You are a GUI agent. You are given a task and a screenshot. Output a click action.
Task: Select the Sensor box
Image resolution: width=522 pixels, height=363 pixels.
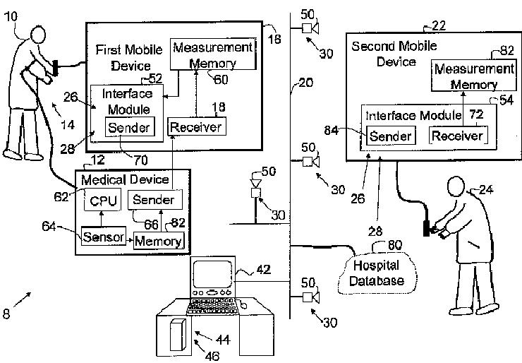[x=103, y=236]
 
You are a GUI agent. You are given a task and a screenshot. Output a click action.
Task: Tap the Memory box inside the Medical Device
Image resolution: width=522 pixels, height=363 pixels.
[x=159, y=240]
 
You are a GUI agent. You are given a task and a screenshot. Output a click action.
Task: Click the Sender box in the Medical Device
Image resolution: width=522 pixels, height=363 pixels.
[x=154, y=200]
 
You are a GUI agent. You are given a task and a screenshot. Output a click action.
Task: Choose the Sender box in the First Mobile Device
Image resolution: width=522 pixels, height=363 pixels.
[x=128, y=127]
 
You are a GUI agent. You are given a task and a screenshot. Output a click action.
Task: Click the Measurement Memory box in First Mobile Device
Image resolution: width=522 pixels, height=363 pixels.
[x=212, y=55]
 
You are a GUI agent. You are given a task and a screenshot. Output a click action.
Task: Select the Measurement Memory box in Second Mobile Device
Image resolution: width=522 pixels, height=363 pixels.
[x=473, y=77]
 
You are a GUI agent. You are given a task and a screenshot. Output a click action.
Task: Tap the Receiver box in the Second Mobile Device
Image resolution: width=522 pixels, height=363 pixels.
[x=457, y=136]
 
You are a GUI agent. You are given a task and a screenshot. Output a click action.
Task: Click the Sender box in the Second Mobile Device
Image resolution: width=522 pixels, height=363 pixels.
[x=390, y=136]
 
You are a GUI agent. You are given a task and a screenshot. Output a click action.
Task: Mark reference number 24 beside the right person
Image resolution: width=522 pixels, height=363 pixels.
[x=487, y=189]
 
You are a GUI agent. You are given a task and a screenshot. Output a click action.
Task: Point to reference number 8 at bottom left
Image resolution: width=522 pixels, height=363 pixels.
[x=6, y=314]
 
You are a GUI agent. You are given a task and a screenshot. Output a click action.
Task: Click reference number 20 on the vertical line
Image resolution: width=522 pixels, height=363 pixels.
[x=305, y=83]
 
